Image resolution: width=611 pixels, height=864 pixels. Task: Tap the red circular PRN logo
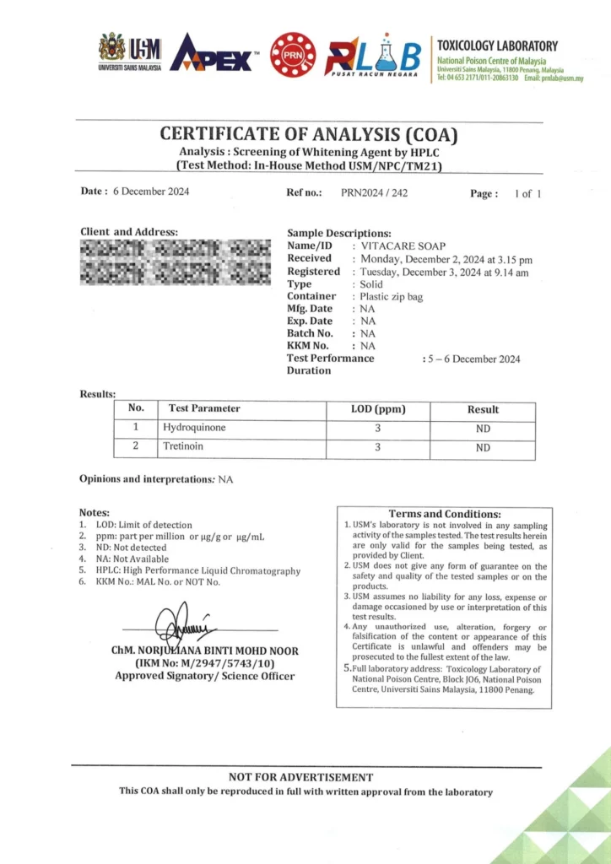point(293,55)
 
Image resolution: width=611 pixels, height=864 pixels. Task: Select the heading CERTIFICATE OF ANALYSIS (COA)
point(309,134)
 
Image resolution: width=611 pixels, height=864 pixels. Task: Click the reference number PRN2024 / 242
point(374,192)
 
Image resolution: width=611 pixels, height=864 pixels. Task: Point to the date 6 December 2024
point(151,192)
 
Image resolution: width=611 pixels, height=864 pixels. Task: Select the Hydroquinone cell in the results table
point(194,428)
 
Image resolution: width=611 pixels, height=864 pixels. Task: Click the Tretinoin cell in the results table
point(183,446)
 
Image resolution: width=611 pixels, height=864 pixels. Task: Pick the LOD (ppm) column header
point(378,409)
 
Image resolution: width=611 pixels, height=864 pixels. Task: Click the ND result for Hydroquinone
point(483,429)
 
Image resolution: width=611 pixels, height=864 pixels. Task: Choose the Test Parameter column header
point(204,408)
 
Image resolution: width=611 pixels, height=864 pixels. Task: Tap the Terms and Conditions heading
point(444,514)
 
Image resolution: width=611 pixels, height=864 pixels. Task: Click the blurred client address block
point(175,262)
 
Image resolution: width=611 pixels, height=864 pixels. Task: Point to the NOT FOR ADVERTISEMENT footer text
point(300,777)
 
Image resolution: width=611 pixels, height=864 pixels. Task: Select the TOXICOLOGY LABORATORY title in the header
point(496,46)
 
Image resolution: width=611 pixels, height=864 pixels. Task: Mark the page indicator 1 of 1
point(527,193)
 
